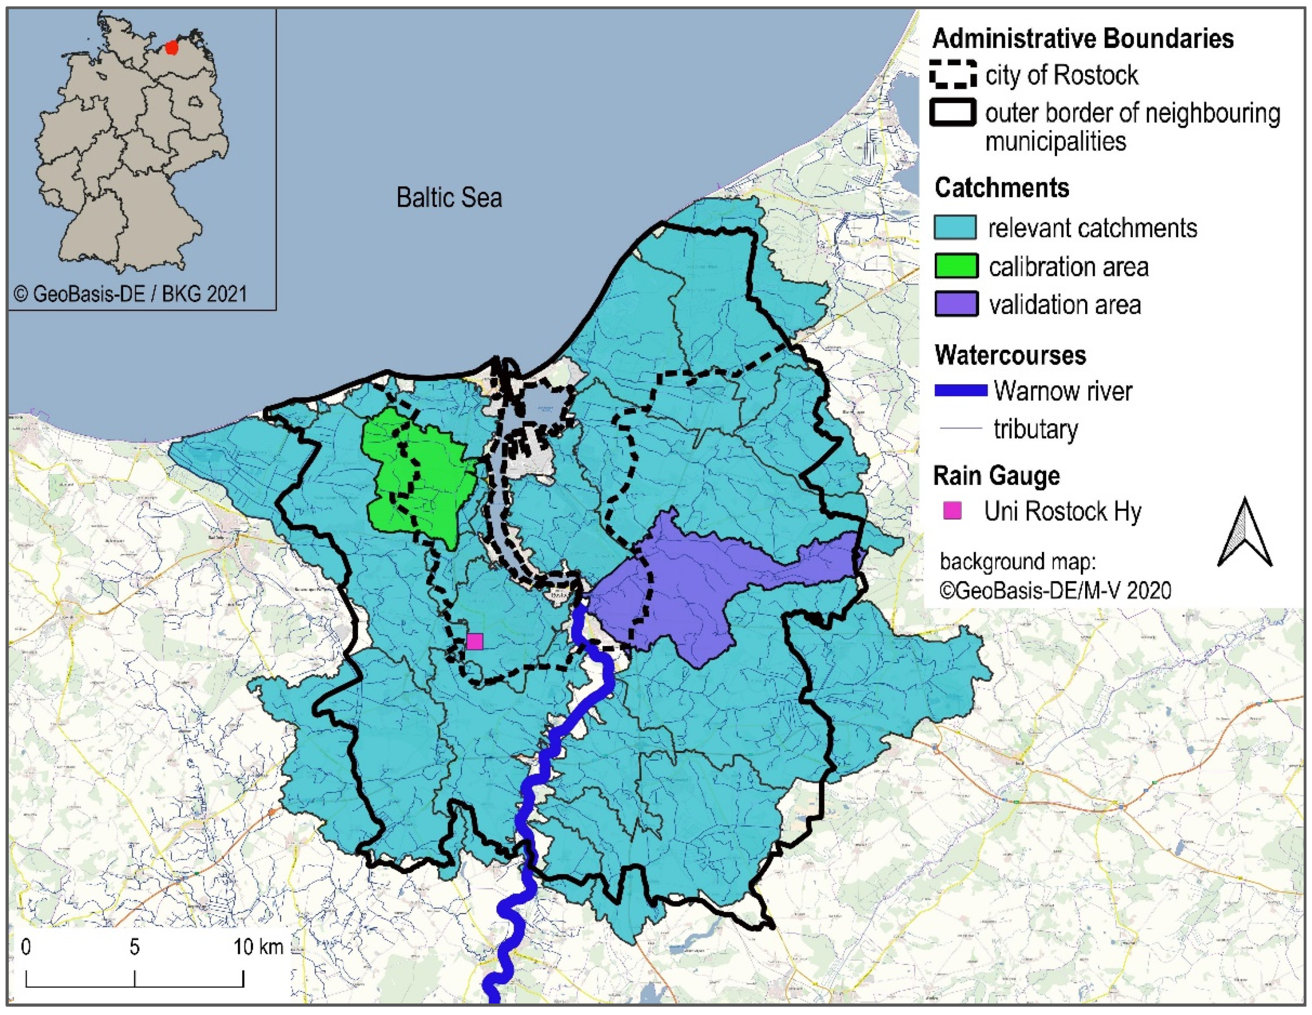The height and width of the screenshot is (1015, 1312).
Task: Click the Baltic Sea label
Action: (x=449, y=198)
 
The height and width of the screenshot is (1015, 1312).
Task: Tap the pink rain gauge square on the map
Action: (x=474, y=641)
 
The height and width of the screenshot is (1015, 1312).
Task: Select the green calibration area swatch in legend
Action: (x=956, y=266)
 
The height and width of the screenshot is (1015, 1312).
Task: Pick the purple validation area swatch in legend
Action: (x=956, y=304)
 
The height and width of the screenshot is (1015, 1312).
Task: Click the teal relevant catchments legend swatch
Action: (x=956, y=228)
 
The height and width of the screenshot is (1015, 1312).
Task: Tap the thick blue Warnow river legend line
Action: (x=961, y=391)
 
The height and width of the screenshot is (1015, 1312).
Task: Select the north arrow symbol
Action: (x=1245, y=533)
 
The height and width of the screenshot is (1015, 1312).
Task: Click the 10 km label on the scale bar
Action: (x=258, y=947)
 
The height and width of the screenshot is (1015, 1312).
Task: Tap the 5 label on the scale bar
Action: (x=135, y=947)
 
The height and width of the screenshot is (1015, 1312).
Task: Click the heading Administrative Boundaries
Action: (x=1083, y=38)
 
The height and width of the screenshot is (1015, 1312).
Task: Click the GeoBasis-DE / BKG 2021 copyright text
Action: (x=130, y=294)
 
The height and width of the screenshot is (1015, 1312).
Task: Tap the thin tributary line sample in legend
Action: (x=961, y=428)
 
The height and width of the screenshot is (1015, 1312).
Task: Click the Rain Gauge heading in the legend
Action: (x=996, y=476)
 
